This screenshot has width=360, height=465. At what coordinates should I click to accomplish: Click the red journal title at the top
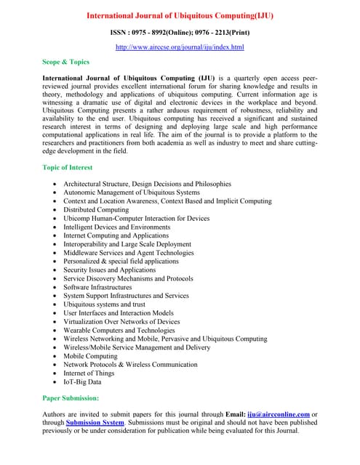click(x=180, y=15)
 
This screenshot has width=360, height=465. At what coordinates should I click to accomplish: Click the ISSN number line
click(x=180, y=33)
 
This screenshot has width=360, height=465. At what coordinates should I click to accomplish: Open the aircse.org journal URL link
click(x=180, y=47)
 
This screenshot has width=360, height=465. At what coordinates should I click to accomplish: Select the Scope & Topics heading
click(x=65, y=62)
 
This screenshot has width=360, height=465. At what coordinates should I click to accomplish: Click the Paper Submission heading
click(x=71, y=398)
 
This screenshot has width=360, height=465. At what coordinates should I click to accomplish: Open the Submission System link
click(x=95, y=423)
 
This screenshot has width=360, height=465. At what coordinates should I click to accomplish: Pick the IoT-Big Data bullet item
click(x=82, y=381)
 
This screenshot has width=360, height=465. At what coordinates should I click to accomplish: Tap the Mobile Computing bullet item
click(x=91, y=356)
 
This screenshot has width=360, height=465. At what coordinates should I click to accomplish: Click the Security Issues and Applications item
click(x=109, y=270)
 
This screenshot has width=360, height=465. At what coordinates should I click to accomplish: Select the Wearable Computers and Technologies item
click(x=119, y=330)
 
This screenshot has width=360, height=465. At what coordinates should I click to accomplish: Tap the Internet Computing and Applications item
click(x=116, y=235)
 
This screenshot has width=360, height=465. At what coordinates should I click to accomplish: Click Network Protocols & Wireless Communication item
click(x=130, y=364)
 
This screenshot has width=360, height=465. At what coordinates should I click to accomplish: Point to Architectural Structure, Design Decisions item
click(x=147, y=184)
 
